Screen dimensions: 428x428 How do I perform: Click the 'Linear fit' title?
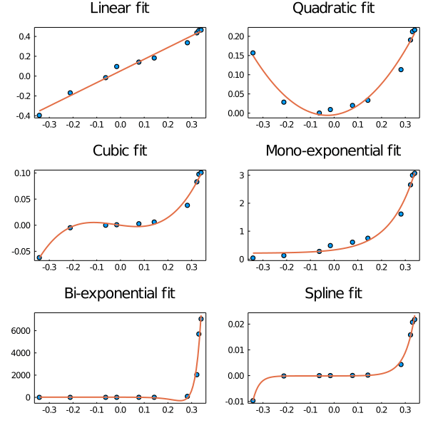(119, 9)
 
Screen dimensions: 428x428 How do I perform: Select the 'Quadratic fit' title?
(333, 9)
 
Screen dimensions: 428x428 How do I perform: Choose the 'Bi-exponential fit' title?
(119, 293)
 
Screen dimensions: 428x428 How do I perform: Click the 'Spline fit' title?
(333, 293)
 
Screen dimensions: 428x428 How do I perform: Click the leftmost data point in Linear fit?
(39, 115)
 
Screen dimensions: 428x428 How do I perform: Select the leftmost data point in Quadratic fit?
(253, 53)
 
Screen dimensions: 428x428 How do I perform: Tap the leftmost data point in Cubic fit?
(39, 258)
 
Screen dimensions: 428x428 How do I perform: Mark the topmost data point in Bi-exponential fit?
(201, 319)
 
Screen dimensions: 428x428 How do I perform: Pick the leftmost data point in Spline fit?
(253, 401)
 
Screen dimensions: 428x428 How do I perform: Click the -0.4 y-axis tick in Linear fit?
(24, 116)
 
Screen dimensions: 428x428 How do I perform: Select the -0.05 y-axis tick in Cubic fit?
(21, 251)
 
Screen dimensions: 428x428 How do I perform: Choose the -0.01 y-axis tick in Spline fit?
(235, 402)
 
